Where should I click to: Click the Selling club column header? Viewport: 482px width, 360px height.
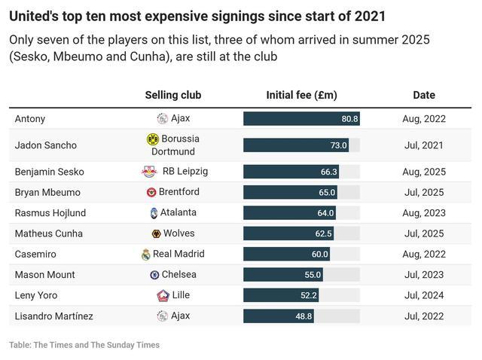(x=172, y=96)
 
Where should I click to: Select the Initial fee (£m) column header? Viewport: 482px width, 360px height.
(x=301, y=96)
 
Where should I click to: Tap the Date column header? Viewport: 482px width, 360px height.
(x=424, y=96)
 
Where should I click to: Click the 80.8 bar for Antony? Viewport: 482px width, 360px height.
(x=300, y=119)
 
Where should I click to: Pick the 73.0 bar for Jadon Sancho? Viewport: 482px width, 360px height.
(x=295, y=145)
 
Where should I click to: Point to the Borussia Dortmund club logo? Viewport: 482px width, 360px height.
(x=153, y=139)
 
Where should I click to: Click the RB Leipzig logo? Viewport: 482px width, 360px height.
(x=148, y=172)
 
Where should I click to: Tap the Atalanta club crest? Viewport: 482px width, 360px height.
(x=154, y=213)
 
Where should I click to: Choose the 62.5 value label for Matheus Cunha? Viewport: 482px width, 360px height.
(x=324, y=234)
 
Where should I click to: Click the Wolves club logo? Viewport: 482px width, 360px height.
(x=156, y=234)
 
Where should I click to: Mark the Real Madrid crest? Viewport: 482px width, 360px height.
(x=146, y=255)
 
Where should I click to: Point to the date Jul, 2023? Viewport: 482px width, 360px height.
(x=424, y=275)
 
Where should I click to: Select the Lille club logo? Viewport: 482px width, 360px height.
(x=163, y=295)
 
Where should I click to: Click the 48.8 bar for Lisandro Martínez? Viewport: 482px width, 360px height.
(x=278, y=316)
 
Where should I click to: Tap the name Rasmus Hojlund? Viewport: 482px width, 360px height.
(x=50, y=213)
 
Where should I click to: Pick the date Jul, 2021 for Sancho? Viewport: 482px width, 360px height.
(x=424, y=145)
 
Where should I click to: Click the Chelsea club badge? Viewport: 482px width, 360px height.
(x=154, y=275)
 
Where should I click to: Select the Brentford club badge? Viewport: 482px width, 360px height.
(x=151, y=193)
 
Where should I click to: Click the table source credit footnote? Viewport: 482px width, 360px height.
(x=84, y=345)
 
